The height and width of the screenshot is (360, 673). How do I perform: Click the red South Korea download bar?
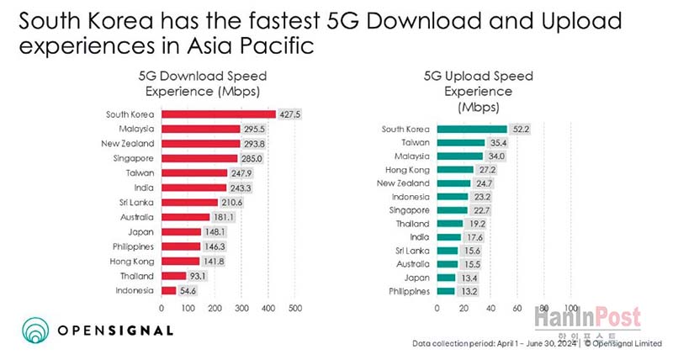click(218, 114)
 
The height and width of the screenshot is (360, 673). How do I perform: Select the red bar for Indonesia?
click(168, 290)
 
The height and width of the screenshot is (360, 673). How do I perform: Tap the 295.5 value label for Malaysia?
click(256, 129)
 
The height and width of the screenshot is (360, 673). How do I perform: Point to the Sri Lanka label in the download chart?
click(135, 202)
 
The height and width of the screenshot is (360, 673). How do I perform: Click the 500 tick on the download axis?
click(295, 309)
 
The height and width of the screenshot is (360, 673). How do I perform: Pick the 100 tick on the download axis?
click(188, 309)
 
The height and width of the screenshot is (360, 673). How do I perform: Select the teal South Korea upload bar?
click(471, 129)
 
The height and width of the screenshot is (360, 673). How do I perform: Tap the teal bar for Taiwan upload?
click(460, 143)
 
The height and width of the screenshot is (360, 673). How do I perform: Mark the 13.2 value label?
click(468, 291)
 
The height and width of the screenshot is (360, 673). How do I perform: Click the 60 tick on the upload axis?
click(517, 309)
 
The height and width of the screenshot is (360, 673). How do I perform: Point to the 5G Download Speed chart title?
click(199, 82)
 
